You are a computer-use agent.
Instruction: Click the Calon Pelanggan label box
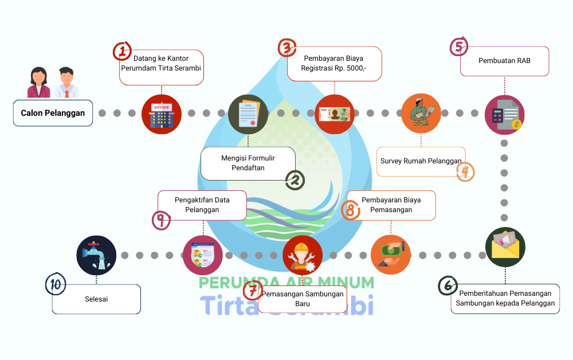(53, 113)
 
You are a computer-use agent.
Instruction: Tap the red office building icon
(162, 114)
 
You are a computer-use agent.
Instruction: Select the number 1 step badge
(122, 51)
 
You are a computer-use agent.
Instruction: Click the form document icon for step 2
(248, 114)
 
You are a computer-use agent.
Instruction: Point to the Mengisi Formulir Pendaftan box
(248, 163)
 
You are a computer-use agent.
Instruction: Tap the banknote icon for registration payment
(335, 114)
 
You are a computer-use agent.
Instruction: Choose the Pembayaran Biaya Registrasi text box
(334, 64)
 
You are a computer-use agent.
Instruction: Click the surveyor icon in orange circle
(421, 114)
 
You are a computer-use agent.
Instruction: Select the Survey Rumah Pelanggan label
(421, 161)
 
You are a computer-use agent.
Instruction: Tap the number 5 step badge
(459, 46)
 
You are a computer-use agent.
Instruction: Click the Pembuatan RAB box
(504, 61)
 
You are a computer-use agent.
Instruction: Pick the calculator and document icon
(504, 114)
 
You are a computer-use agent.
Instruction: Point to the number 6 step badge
(448, 285)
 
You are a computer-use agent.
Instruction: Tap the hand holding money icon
(391, 255)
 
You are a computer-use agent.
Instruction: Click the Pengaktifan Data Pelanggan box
(202, 205)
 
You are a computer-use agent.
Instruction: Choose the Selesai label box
(96, 299)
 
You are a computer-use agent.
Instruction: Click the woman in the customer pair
(39, 83)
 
